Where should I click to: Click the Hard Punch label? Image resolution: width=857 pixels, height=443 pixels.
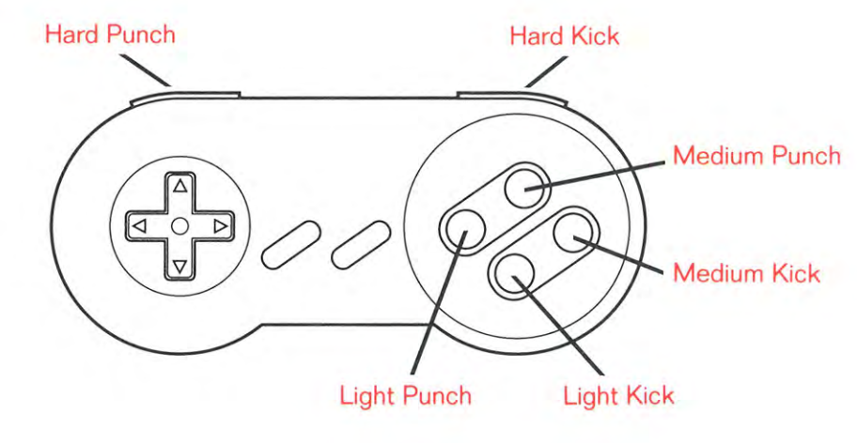point(110,35)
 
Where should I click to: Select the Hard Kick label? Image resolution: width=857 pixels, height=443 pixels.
point(565,37)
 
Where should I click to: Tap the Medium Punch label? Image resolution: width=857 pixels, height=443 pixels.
point(756,156)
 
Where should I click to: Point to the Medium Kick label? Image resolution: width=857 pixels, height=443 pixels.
point(747,273)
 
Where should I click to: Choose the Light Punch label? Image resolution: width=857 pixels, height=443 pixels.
point(406,395)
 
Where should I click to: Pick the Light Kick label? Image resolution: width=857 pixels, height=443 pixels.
point(618,395)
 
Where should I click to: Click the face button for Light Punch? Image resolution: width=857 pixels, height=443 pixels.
point(463,230)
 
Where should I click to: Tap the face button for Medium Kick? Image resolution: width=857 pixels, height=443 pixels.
point(576,232)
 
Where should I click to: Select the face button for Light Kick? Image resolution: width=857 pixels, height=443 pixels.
point(511,275)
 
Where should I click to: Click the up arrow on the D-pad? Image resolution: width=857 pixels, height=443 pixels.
point(179,187)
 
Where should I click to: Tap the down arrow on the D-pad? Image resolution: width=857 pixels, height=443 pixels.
point(179,267)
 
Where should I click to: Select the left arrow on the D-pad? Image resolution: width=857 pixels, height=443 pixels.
point(140,226)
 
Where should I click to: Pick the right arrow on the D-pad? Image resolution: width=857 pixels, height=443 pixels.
point(220,226)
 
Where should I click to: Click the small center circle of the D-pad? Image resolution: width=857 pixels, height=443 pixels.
point(179,226)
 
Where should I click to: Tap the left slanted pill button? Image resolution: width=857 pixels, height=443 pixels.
point(290,244)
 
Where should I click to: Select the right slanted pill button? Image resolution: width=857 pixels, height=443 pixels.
point(361,244)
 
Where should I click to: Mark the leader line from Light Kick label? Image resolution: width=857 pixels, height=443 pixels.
point(558,326)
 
